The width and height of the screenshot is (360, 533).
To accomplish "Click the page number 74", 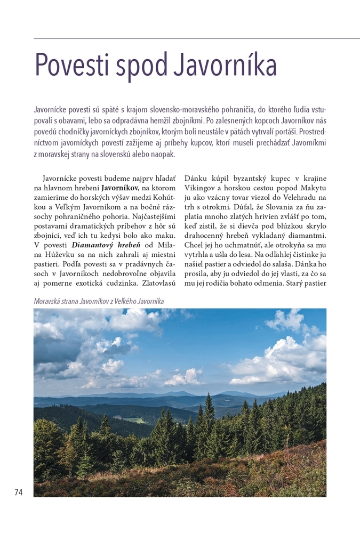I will point(19,492).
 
